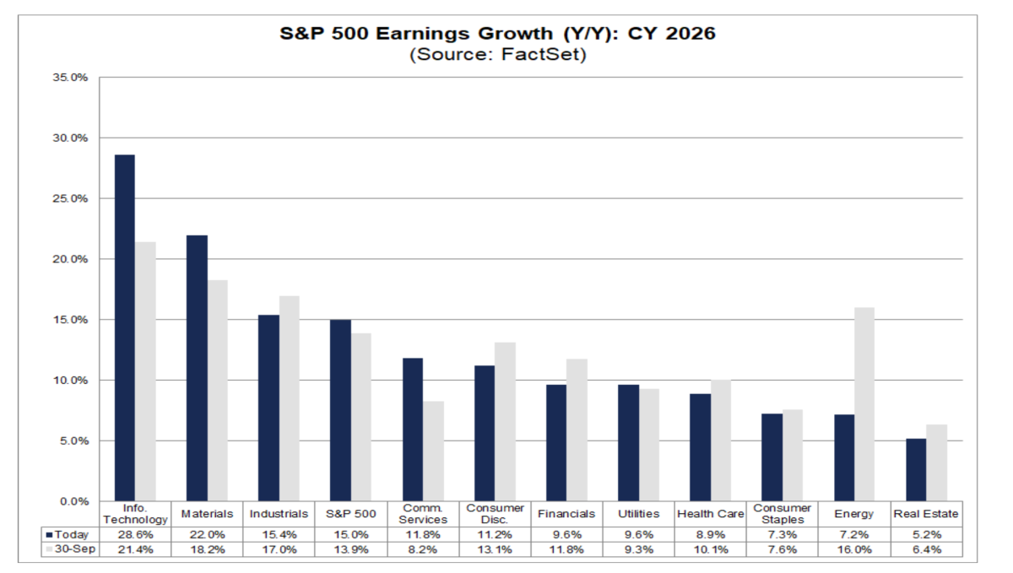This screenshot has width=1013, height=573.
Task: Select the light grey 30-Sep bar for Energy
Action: [865, 404]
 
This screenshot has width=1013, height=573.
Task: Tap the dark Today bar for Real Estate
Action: [916, 469]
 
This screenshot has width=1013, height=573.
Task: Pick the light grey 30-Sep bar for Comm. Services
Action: [433, 451]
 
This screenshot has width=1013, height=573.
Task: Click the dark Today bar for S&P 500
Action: [340, 410]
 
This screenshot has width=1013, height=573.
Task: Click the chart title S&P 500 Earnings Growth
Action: [497, 35]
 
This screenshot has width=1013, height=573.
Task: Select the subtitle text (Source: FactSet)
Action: [497, 55]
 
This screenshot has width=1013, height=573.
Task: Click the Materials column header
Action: [207, 514]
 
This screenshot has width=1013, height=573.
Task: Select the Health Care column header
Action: [711, 514]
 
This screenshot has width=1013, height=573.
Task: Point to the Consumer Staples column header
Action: [783, 514]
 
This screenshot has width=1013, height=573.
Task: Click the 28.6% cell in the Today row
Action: [135, 535]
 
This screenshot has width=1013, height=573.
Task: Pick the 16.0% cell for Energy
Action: [854, 550]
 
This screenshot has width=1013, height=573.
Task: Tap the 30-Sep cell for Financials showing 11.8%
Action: [566, 550]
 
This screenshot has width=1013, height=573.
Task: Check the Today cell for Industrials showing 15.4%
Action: [279, 535]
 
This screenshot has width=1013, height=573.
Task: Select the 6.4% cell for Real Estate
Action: [926, 550]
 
